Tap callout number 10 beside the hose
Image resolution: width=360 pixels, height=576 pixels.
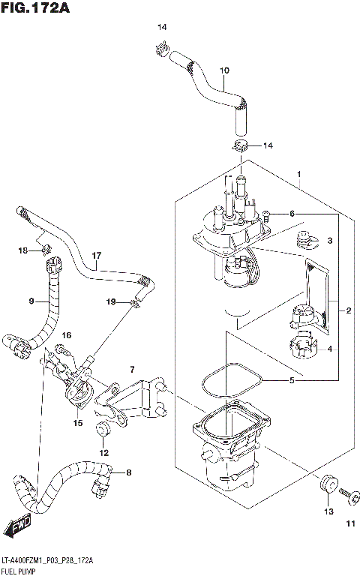pyautogui.click(x=223, y=71)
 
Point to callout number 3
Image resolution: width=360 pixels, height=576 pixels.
pyautogui.click(x=329, y=241)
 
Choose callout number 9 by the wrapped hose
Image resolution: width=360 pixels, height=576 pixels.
pyautogui.click(x=32, y=302)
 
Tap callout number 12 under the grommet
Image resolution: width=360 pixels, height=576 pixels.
pyautogui.click(x=104, y=452)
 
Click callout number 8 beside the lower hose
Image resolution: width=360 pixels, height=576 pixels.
pyautogui.click(x=128, y=472)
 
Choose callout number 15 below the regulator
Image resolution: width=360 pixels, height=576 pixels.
pyautogui.click(x=77, y=423)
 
